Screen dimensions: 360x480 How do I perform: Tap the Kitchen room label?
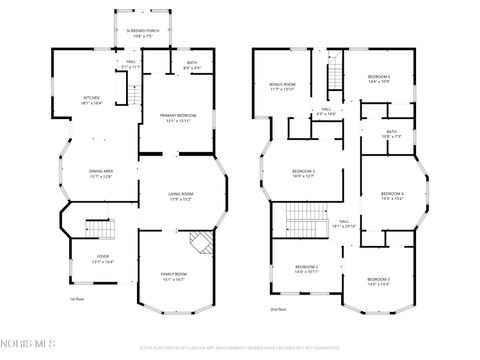coord(91,100)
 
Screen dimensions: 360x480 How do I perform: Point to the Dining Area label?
coord(100,173)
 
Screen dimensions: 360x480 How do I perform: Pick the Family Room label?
coord(174,276)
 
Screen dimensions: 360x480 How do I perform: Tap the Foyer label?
coord(103,259)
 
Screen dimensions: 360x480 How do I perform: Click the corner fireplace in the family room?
coord(200,241)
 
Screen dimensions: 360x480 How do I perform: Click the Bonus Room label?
coord(283,87)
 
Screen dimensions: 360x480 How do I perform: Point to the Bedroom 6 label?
coord(378,78)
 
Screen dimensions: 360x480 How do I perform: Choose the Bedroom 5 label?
coord(304,174)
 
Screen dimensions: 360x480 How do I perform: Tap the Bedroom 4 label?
coord(392,196)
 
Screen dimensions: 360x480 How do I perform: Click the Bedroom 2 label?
coord(306,269)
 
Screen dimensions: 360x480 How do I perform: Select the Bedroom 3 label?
coord(378,281)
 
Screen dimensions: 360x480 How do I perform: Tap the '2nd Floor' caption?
coord(277,310)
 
